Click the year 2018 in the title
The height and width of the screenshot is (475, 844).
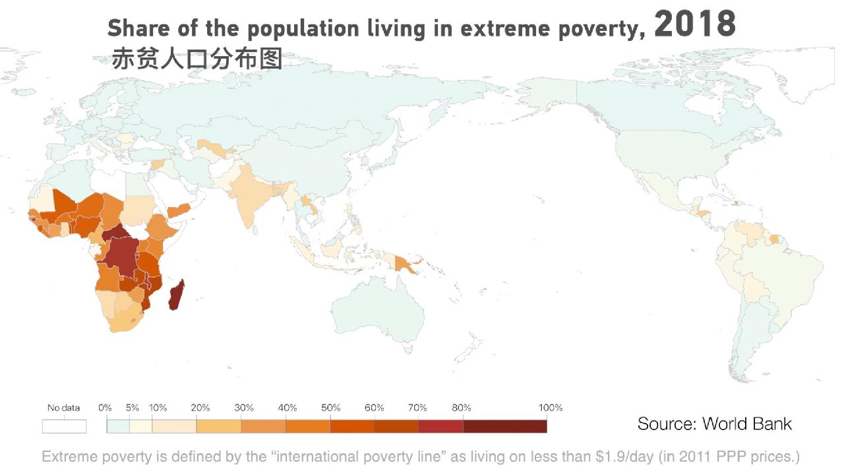click(x=695, y=24)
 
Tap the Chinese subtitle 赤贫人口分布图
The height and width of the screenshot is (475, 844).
click(x=197, y=59)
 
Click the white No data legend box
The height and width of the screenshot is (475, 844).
click(x=64, y=426)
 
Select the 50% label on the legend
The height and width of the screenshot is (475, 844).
click(x=330, y=408)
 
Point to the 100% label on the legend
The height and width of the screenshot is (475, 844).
click(x=550, y=408)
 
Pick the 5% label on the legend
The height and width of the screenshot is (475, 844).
click(x=133, y=408)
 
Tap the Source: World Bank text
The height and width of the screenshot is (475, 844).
click(x=714, y=424)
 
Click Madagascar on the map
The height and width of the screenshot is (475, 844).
click(x=176, y=295)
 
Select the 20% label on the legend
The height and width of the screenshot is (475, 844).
click(x=200, y=408)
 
